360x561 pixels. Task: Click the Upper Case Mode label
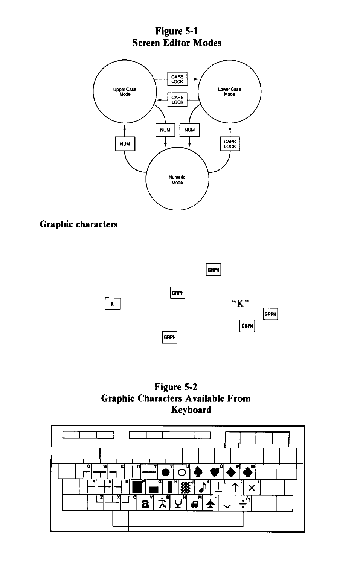pyautogui.click(x=125, y=91)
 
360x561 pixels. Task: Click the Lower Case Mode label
pyautogui.click(x=229, y=91)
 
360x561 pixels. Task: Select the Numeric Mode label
pyautogui.click(x=177, y=180)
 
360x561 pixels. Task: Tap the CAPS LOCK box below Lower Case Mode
pyautogui.click(x=230, y=144)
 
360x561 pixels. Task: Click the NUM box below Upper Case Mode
pyautogui.click(x=125, y=144)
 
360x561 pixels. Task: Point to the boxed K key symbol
pyautogui.click(x=113, y=304)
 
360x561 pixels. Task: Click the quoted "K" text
pyautogui.click(x=240, y=303)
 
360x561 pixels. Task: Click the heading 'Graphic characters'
pyautogui.click(x=79, y=224)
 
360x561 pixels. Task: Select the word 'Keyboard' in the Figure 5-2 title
pyautogui.click(x=191, y=410)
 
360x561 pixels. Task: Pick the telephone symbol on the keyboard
pyautogui.click(x=145, y=504)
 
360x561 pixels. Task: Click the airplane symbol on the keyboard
pyautogui.click(x=211, y=504)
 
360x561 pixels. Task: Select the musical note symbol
pyautogui.click(x=203, y=487)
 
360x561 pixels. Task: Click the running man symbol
pyautogui.click(x=162, y=503)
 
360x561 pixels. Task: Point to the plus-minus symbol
pyautogui.click(x=219, y=487)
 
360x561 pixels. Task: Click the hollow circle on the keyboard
pyautogui.click(x=182, y=473)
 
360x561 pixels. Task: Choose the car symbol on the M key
pyautogui.click(x=195, y=504)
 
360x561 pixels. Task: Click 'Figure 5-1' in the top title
pyautogui.click(x=176, y=31)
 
